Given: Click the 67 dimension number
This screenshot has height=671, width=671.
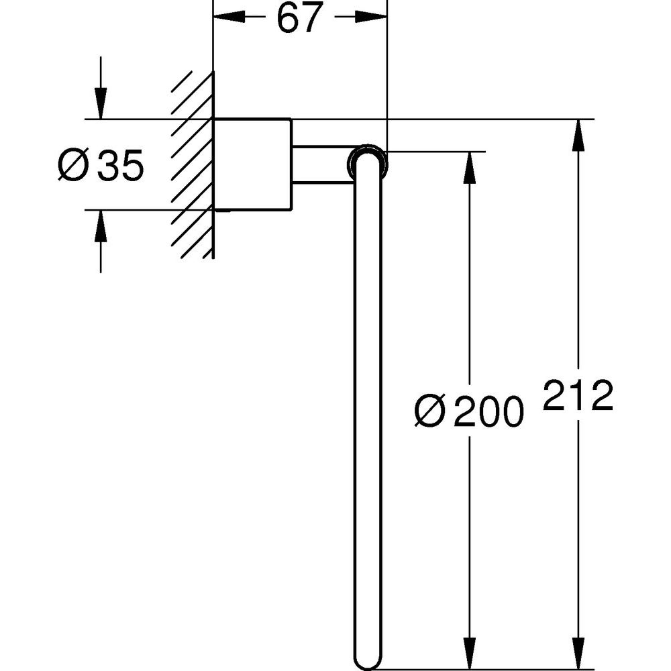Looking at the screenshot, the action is pyautogui.click(x=299, y=18).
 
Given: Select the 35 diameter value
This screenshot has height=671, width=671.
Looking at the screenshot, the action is pyautogui.click(x=120, y=165).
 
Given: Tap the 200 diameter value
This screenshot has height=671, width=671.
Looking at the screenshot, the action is pyautogui.click(x=488, y=411).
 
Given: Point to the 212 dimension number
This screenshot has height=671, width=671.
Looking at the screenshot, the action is pyautogui.click(x=578, y=395).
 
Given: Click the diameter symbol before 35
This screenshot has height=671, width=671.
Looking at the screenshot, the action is pyautogui.click(x=73, y=165).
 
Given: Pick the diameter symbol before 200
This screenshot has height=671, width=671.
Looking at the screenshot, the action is pyautogui.click(x=430, y=411).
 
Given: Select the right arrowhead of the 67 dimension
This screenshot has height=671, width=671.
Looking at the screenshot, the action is pyautogui.click(x=370, y=17).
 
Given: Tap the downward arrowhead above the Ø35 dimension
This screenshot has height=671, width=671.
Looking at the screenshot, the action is pyautogui.click(x=101, y=103).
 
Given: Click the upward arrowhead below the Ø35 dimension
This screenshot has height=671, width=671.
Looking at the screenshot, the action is pyautogui.click(x=101, y=226).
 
